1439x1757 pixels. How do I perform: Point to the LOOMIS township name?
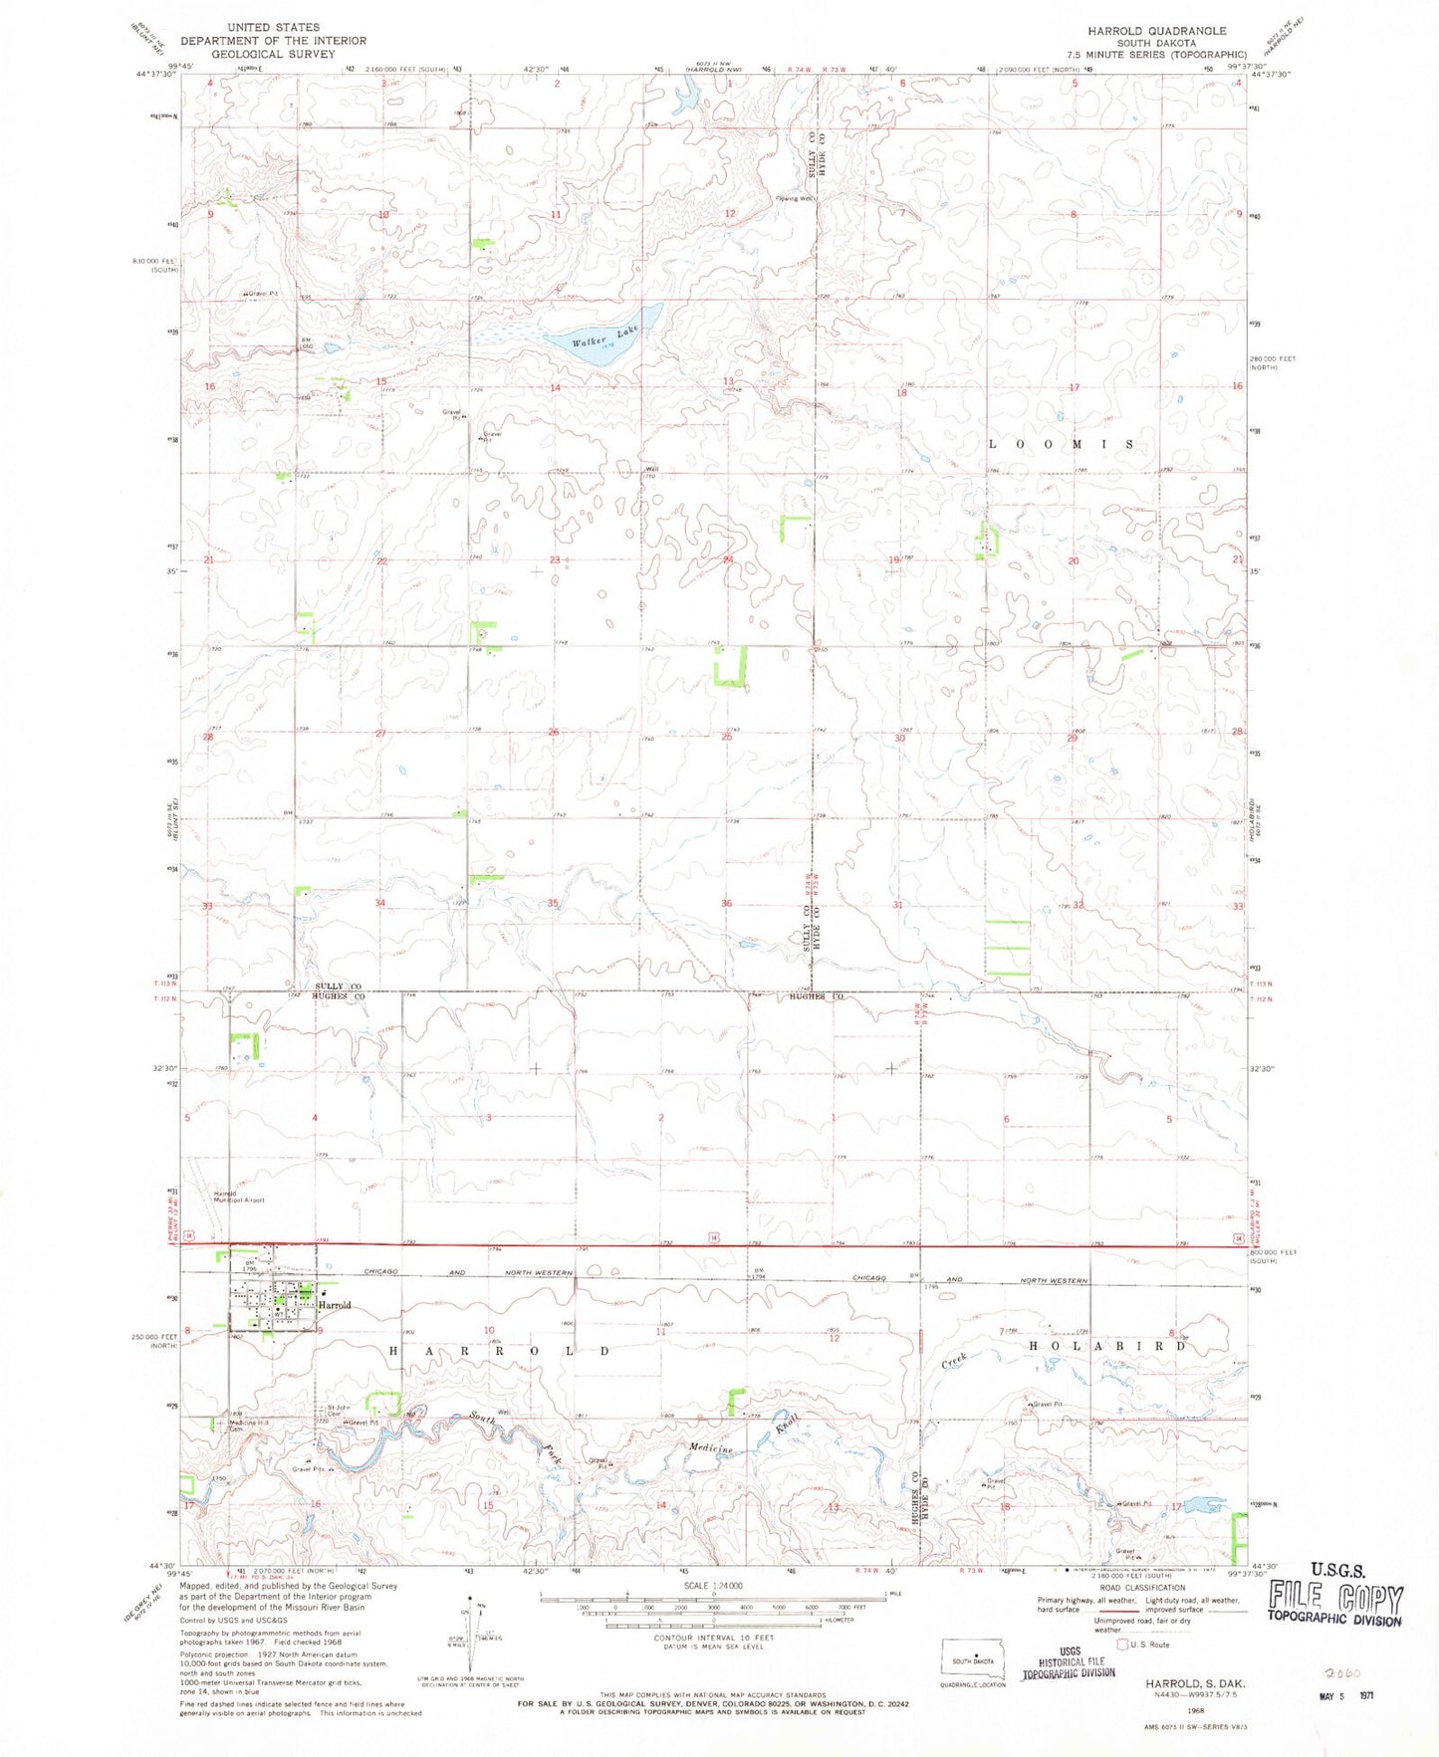pos(1061,444)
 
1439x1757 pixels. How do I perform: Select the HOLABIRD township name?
pos(1107,1346)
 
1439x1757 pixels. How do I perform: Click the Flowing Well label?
pos(795,198)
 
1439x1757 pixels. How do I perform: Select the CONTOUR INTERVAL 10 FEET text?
pos(709,1638)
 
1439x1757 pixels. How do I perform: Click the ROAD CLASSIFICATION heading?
pos(1141,1588)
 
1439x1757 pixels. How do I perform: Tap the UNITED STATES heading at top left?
pos(273,27)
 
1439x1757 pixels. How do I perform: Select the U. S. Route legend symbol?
pos(1122,1645)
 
